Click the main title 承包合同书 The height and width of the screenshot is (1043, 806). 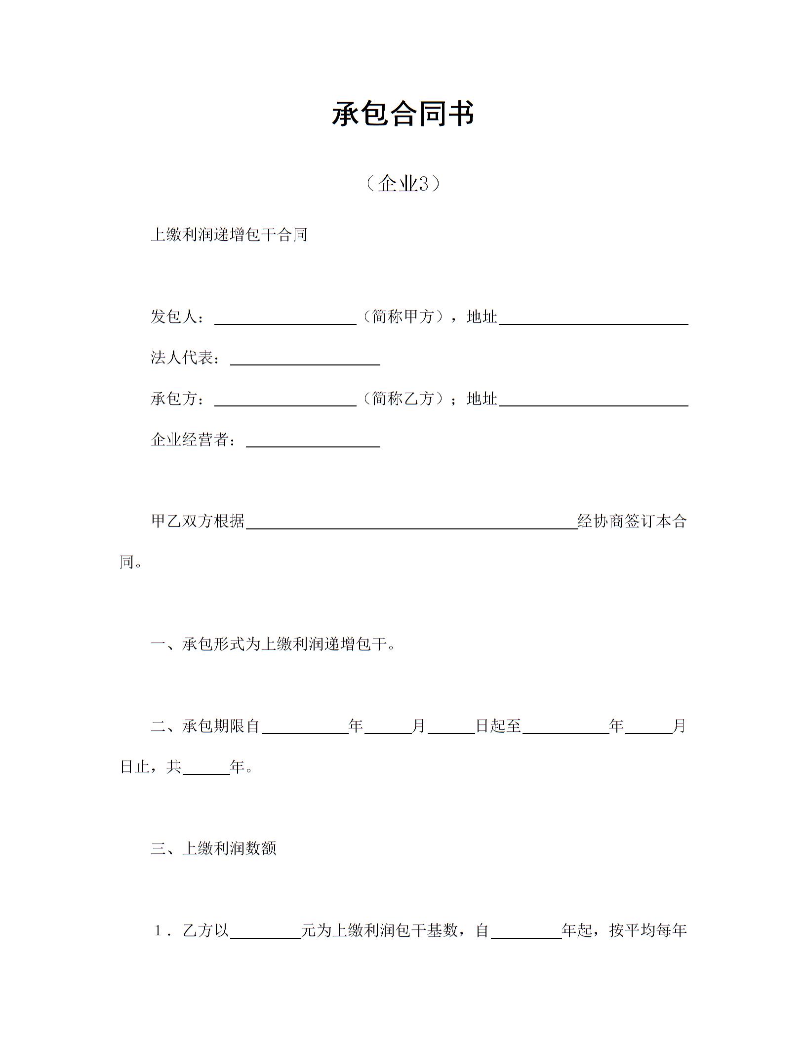(x=403, y=114)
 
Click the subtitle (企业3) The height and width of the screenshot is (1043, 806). (x=403, y=184)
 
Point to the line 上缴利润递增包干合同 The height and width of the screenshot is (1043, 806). (x=229, y=235)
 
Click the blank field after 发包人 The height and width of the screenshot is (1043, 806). (x=285, y=318)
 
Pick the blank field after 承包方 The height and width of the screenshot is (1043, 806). (x=285, y=400)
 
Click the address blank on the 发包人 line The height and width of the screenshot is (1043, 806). (x=593, y=318)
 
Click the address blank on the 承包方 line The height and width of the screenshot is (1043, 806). (x=593, y=400)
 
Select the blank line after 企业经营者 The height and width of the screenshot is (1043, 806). (x=313, y=441)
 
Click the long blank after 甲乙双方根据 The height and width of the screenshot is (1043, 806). (x=411, y=523)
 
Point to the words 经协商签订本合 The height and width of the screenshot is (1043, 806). (x=632, y=521)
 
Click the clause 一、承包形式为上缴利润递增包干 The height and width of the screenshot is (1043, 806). (x=273, y=644)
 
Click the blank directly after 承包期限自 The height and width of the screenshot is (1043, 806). (x=305, y=728)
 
